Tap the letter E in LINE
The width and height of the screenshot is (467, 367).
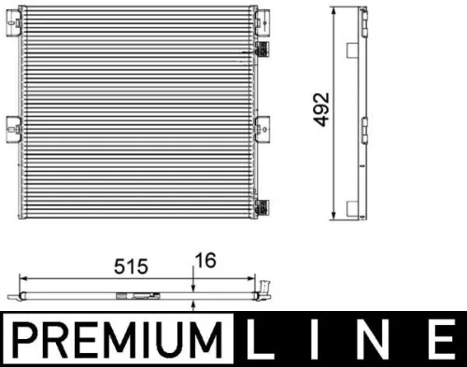tap(437, 339)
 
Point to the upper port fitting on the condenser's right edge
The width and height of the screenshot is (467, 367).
tap(265, 48)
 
